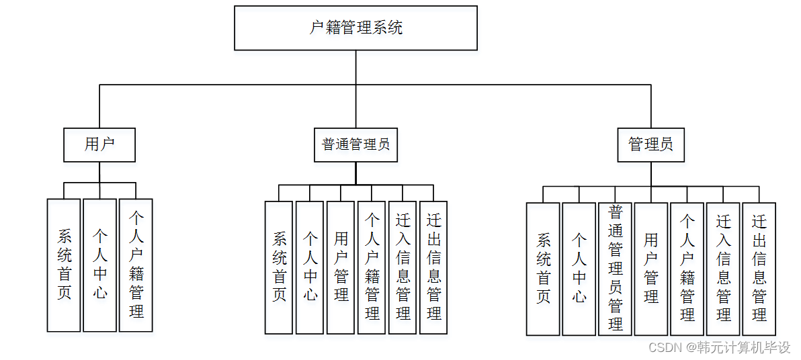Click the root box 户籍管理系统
[x=355, y=28]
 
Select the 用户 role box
[x=99, y=144]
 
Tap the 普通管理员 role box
[x=355, y=144]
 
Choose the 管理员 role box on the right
[x=650, y=144]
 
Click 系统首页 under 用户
[x=64, y=265]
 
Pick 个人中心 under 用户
[x=99, y=265]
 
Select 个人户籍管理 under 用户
[x=136, y=265]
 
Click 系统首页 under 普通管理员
[x=279, y=267]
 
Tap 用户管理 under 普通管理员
[x=341, y=267]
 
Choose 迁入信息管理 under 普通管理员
[x=403, y=267]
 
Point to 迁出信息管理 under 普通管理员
[x=433, y=267]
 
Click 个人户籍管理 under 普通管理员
[x=372, y=267]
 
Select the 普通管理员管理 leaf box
[x=615, y=269]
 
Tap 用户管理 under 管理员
[x=650, y=269]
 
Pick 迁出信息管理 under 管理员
[x=759, y=269]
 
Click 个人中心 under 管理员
[x=579, y=269]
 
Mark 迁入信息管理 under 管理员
[x=723, y=269]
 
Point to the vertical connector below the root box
[x=355, y=67]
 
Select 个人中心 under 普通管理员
[x=310, y=267]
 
